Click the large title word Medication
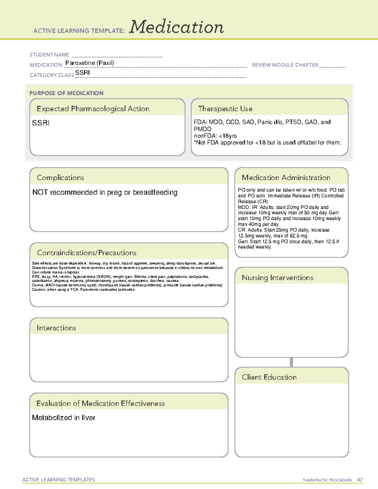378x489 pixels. pos(176,27)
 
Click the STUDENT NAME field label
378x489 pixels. pos(49,55)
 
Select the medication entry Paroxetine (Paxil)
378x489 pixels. pos(89,63)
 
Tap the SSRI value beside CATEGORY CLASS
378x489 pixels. pos(83,73)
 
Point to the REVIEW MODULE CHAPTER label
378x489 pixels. pos(285,65)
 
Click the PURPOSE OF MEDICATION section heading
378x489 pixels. pos(66,93)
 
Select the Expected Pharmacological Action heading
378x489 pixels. pos(93,109)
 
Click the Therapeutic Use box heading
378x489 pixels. pos(225,109)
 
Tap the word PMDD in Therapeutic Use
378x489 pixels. pos(203,129)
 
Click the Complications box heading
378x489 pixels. pos(60,178)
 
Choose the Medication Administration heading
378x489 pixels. pos(286,178)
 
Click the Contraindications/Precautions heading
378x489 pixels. pos(87,253)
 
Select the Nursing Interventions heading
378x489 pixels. pos(278,278)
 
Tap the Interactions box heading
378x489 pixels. pos(56,328)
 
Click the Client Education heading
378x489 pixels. pos(269,377)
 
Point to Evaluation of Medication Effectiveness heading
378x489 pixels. pos(100,403)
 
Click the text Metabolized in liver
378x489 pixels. pos(64,418)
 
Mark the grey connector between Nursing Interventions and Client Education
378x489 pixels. pos(291,362)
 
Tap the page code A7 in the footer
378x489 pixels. pos(360,480)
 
